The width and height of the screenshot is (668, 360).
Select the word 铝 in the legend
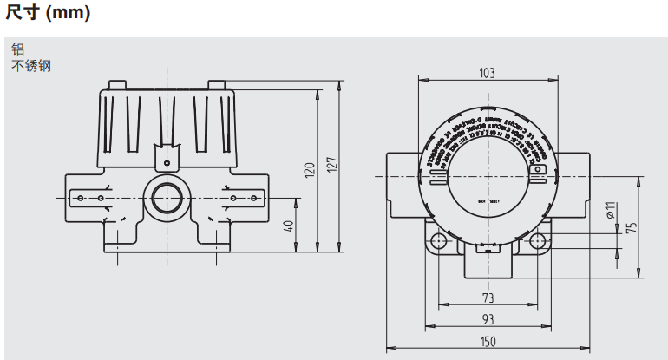(x=17, y=49)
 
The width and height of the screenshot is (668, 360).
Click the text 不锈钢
(x=31, y=65)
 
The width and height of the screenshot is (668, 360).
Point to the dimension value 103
(x=488, y=73)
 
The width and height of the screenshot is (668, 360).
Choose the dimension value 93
(x=488, y=318)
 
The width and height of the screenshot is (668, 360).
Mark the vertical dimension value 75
(x=632, y=227)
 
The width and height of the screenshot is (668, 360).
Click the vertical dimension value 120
(x=310, y=170)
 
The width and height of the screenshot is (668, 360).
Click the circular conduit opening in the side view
(x=166, y=197)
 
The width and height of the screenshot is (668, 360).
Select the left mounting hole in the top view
(x=438, y=240)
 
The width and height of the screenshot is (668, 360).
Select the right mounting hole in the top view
(x=538, y=240)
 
